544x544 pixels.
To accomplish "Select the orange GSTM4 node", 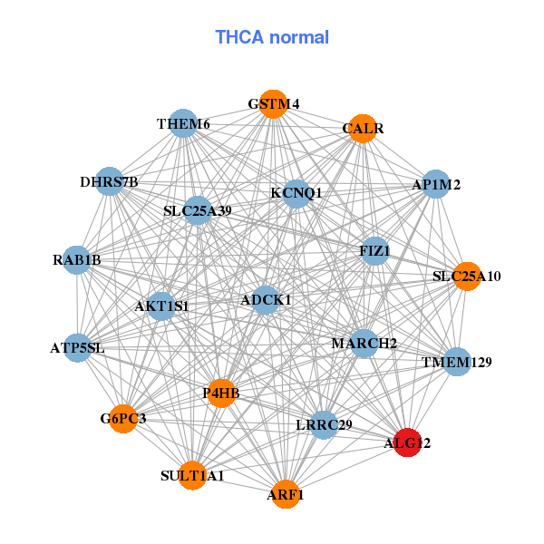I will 273,103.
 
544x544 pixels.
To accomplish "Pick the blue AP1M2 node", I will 436,184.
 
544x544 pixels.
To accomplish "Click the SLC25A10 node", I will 467,275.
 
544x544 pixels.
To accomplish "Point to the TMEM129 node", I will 456,362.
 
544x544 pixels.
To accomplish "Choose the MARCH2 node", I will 364,343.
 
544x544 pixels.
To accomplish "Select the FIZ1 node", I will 374,249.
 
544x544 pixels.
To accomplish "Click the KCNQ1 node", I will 296,192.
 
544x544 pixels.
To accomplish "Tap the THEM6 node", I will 183,123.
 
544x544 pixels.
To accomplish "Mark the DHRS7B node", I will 109,181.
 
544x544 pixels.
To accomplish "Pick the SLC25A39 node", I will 198,210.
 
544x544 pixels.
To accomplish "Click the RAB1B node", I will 77,260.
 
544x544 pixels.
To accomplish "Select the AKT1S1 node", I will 161,306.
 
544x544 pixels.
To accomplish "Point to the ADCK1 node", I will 266,299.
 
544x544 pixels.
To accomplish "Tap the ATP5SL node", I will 77,347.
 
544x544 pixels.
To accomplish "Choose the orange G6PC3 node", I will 123,418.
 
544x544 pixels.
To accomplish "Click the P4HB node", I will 221,393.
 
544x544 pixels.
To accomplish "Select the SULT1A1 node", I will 192,474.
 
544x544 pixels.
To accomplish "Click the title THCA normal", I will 272,37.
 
